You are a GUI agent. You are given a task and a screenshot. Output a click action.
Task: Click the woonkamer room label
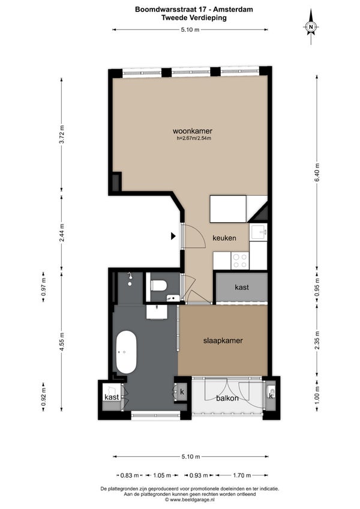pyautogui.click(x=193, y=131)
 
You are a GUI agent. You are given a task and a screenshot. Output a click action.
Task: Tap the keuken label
pyautogui.click(x=224, y=238)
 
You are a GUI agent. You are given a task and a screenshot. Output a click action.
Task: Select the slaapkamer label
pyautogui.click(x=223, y=341)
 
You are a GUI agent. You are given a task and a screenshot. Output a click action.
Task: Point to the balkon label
pyautogui.click(x=227, y=398)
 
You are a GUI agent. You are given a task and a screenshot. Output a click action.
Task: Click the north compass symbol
pyautogui.click(x=311, y=26)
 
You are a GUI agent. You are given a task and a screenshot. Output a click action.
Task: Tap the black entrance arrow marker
pyautogui.click(x=173, y=236)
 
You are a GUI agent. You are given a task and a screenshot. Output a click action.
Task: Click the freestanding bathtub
pyautogui.click(x=127, y=352)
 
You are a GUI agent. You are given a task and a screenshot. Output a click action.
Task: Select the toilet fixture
pyautogui.click(x=159, y=286)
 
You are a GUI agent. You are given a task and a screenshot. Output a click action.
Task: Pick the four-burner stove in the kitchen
pyautogui.click(x=240, y=261)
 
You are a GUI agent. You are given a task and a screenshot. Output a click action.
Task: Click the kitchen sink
pyautogui.click(x=259, y=232)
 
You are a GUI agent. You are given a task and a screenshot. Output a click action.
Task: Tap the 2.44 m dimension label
pyautogui.click(x=62, y=232)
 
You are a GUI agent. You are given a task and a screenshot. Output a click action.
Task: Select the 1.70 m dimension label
pyautogui.click(x=242, y=475)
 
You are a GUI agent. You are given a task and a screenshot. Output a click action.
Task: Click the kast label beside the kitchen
pyautogui.click(x=242, y=288)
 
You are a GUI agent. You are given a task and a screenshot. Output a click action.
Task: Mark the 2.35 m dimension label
pyautogui.click(x=317, y=340)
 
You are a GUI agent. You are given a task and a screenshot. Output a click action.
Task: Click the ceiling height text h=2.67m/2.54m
pyautogui.click(x=194, y=138)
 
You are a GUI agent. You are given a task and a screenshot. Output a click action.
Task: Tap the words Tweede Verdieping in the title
pyautogui.click(x=194, y=17)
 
